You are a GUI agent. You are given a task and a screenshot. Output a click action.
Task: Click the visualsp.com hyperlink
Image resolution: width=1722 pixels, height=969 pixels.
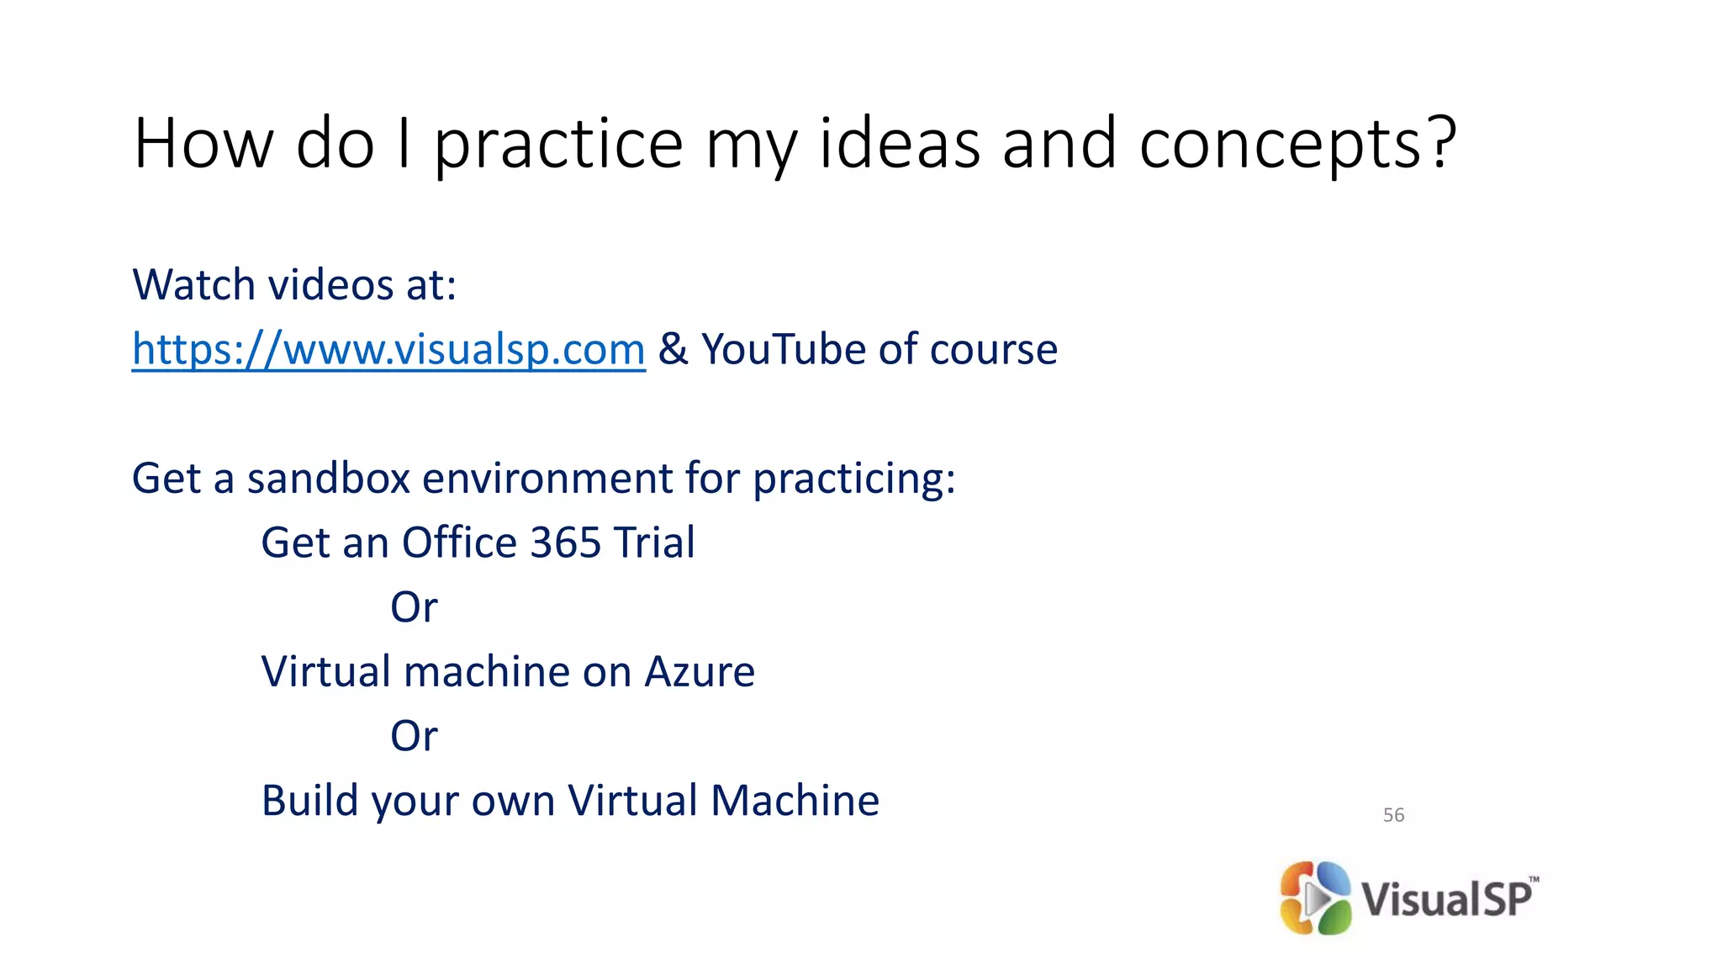pos(388,349)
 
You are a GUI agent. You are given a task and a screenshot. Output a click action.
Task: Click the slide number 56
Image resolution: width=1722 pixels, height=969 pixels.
pos(1393,815)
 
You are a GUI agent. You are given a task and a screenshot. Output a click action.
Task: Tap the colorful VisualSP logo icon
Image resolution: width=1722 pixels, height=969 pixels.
pos(1315,898)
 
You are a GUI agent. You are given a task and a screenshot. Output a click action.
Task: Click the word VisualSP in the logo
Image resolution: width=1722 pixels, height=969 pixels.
pos(1447,898)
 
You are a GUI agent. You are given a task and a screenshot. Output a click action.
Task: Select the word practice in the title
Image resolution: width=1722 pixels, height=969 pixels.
pos(558,145)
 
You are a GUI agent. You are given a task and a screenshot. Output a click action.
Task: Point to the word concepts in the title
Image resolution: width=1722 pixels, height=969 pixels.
pos(1280,145)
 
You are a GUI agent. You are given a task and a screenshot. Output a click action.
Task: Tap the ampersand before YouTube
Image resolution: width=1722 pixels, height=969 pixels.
pos(673,349)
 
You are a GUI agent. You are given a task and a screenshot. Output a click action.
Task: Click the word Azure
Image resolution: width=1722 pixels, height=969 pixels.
pos(700,672)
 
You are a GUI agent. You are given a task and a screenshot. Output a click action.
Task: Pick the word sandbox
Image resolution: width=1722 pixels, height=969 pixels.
pos(327,479)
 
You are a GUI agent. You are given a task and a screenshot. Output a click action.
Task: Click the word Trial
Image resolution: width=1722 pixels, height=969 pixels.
pos(654,543)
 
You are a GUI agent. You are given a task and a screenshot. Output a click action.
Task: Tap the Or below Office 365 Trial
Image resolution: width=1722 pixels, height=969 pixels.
pos(414,607)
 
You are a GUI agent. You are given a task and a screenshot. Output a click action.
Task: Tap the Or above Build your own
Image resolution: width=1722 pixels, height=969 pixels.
pos(414,736)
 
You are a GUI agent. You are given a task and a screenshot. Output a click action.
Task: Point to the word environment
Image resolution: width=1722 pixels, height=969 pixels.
pos(547,479)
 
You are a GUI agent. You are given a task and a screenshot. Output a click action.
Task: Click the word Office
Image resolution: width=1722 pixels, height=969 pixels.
pos(459,543)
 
